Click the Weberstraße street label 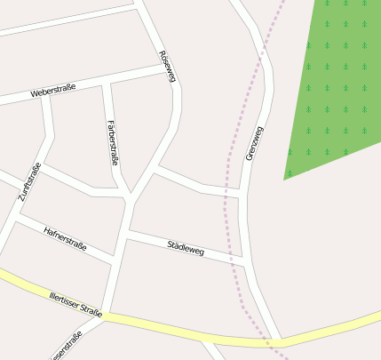click(53, 91)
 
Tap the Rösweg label click(167, 67)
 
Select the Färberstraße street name click(112, 142)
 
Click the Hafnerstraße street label click(65, 238)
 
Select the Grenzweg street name click(254, 142)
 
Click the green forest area click(337, 80)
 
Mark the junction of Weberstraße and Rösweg click(171, 68)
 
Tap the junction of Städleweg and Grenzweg click(242, 259)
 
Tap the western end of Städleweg click(128, 232)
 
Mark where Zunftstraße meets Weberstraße click(44, 94)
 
